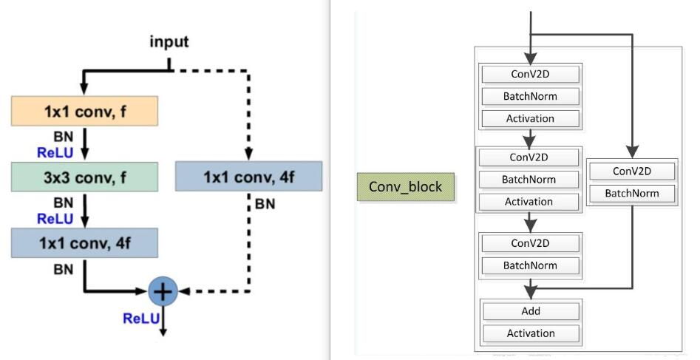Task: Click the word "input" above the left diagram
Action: click(169, 41)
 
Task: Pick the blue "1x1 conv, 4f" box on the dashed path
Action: click(248, 177)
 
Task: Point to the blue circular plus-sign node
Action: click(163, 291)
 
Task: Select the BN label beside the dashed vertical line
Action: click(265, 204)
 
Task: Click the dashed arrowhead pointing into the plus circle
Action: click(185, 291)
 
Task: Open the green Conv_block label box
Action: click(405, 187)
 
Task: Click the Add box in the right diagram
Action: click(530, 310)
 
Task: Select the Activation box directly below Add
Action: click(530, 333)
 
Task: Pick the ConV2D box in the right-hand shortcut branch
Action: click(632, 171)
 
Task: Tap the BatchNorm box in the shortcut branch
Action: click(632, 194)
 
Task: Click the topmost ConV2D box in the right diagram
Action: click(530, 74)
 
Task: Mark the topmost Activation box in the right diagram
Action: click(530, 118)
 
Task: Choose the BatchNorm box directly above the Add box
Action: click(530, 265)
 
